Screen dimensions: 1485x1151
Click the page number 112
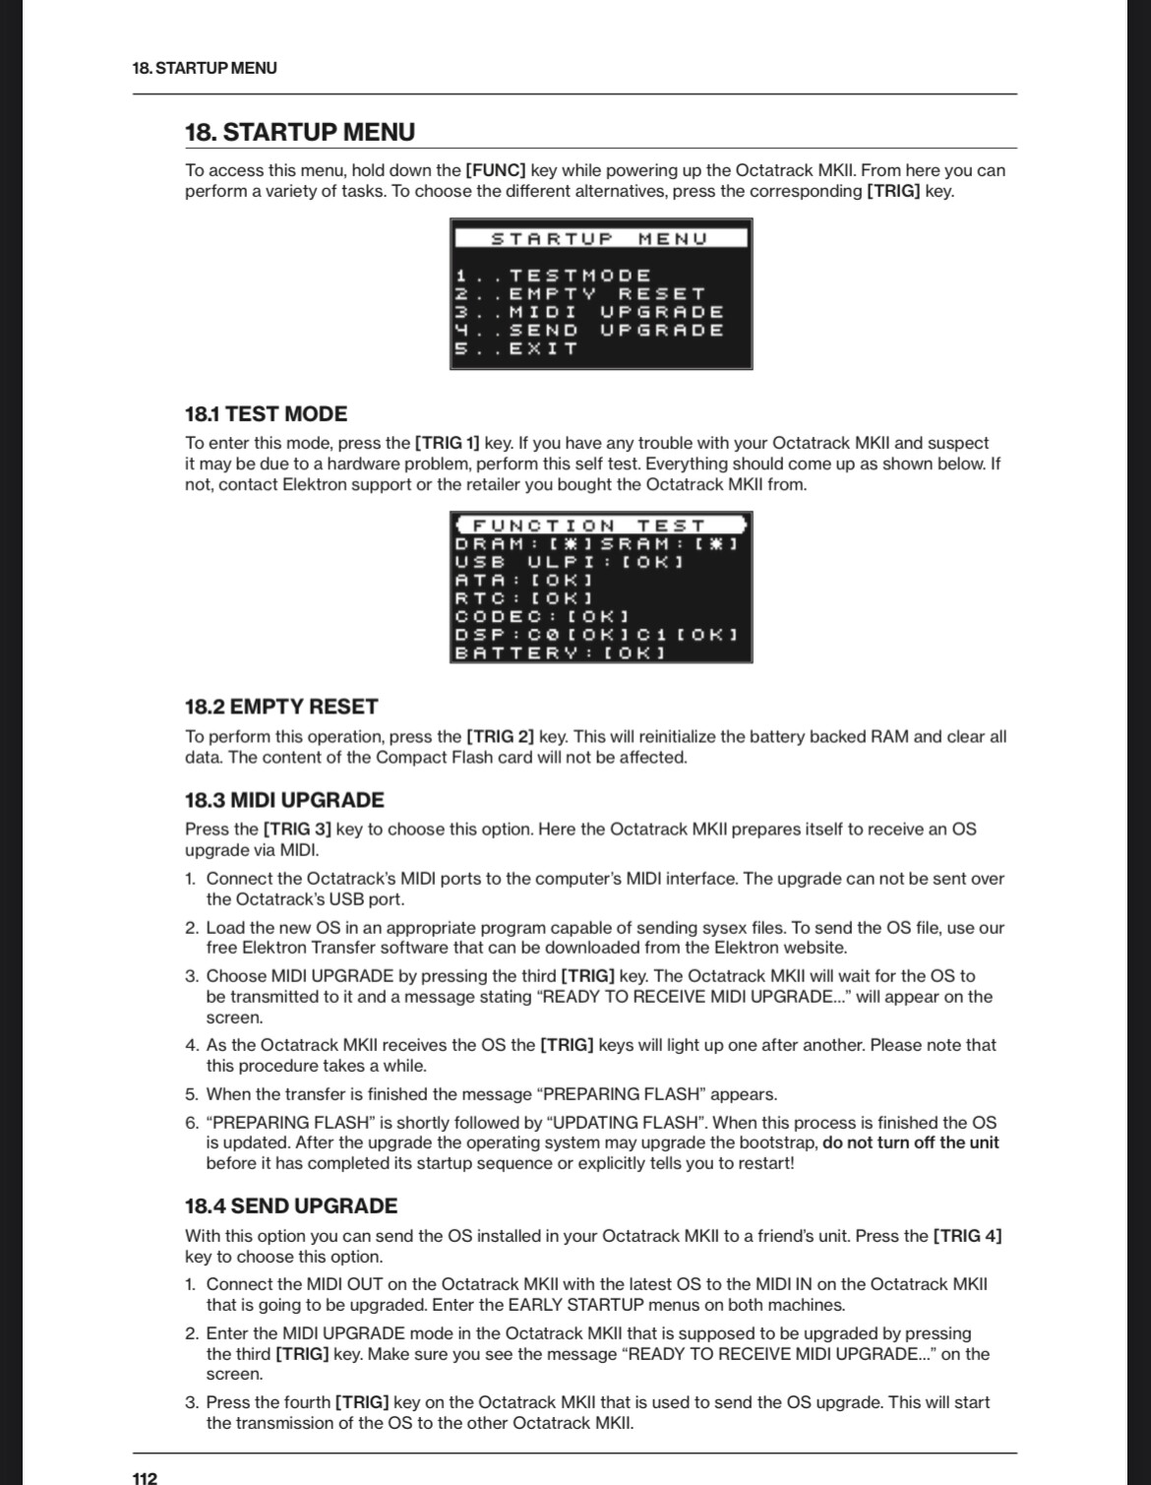(x=145, y=1477)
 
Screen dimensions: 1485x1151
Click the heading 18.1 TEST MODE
(x=266, y=413)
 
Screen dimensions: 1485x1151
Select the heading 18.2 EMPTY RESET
(x=281, y=706)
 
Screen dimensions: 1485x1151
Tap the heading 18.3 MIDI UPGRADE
(x=284, y=799)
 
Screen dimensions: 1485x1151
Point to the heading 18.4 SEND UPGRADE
(x=291, y=1206)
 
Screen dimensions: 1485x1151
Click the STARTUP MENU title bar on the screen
(x=600, y=238)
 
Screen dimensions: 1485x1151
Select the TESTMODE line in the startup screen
(x=553, y=276)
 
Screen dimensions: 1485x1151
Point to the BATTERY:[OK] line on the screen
(x=560, y=651)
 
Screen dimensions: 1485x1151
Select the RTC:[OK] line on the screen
(x=523, y=597)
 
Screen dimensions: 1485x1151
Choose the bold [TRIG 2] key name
(x=500, y=736)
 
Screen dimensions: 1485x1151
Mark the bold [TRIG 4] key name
(x=967, y=1235)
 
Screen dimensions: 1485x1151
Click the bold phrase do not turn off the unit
(x=910, y=1143)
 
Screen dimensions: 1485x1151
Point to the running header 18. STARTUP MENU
(x=205, y=68)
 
